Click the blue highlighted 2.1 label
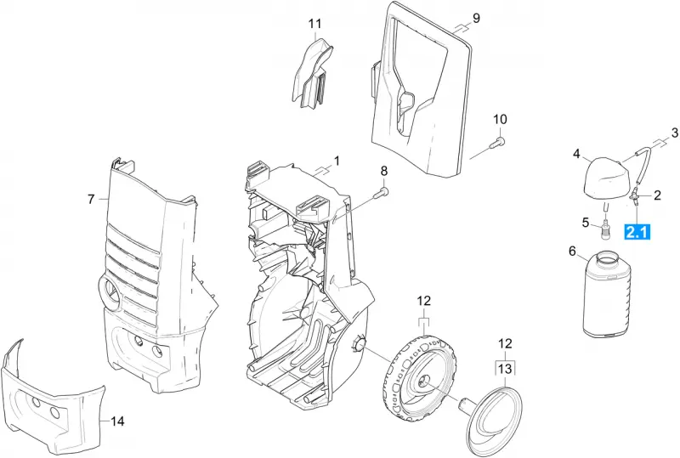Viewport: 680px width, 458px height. (637, 232)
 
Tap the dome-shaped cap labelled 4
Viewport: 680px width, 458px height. (606, 179)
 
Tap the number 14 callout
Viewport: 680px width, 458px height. (117, 421)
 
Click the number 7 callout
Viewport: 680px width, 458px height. (91, 199)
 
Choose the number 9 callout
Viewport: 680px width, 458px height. (476, 18)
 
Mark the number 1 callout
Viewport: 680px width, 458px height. (337, 161)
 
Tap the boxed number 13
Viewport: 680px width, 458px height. (505, 369)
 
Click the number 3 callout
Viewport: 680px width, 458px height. (674, 133)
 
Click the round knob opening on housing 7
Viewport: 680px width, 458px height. (111, 293)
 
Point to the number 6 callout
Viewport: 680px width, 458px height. (572, 252)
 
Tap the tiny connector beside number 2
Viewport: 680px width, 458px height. (635, 197)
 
